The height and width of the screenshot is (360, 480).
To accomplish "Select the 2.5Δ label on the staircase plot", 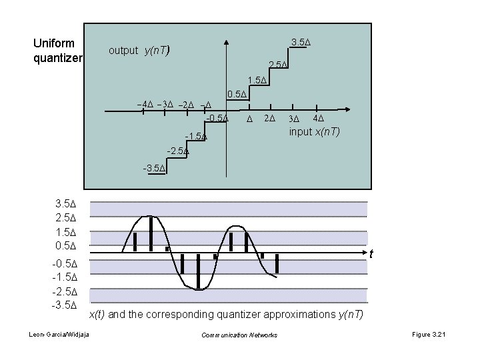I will (277, 65).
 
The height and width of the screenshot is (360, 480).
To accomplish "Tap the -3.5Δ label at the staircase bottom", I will (154, 168).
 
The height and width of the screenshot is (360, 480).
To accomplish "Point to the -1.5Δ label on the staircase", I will (196, 137).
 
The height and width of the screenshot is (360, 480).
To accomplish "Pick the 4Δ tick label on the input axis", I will (319, 119).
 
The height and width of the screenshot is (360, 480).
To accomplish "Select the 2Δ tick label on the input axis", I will (269, 119).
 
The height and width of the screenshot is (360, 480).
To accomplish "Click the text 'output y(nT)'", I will (141, 50).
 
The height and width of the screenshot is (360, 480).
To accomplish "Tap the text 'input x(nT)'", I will (314, 132).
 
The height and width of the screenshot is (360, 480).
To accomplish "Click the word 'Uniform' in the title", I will (54, 43).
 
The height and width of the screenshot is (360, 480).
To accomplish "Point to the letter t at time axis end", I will (371, 254).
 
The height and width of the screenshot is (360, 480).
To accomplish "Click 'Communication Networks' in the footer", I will (239, 335).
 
